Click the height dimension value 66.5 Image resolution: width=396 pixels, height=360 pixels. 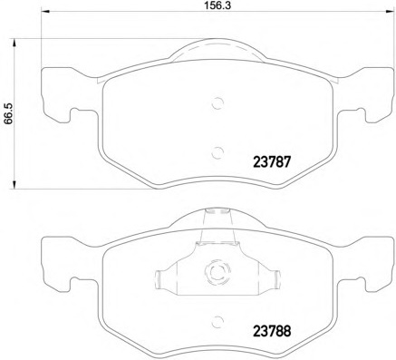[x=8, y=113]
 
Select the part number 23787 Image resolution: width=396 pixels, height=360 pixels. [x=272, y=162]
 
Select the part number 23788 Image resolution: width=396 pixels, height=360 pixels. [x=272, y=331]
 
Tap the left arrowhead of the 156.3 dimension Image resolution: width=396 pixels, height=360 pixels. [x=44, y=12]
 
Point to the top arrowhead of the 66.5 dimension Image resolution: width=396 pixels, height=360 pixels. [x=14, y=43]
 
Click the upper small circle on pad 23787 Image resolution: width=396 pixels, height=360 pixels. [x=217, y=103]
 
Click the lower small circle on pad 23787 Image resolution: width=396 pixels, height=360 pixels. [x=217, y=152]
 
